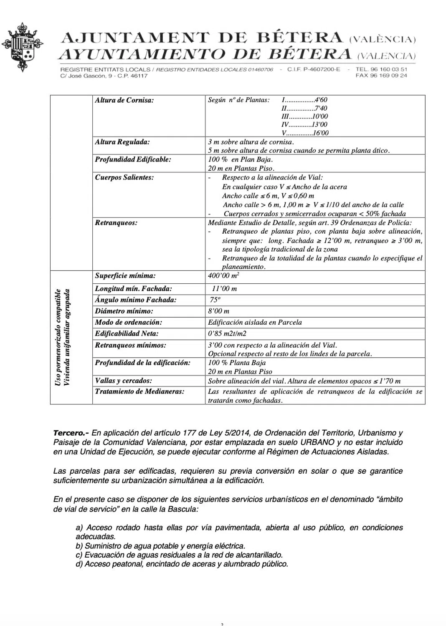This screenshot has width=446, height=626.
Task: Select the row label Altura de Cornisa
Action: [124, 100]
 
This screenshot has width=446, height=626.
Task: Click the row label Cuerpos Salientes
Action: [124, 177]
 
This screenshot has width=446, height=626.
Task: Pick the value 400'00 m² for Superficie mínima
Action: [223, 276]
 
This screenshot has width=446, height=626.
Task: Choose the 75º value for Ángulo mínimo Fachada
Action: [215, 300]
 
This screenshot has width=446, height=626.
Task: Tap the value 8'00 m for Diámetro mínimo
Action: [218, 311]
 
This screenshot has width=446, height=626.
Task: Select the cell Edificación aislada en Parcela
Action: [255, 322]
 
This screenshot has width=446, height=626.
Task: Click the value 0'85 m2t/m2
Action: [227, 333]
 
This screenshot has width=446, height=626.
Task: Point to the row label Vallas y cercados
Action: [123, 381]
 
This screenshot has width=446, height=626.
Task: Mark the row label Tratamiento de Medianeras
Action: [139, 391]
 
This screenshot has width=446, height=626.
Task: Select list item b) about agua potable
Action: [160, 546]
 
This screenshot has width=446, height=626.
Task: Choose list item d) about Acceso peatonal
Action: [182, 564]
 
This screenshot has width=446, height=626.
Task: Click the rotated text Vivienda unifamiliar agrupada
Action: [67, 337]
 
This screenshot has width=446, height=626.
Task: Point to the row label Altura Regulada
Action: [122, 142]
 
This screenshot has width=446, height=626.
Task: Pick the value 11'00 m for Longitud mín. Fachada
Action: [224, 288]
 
